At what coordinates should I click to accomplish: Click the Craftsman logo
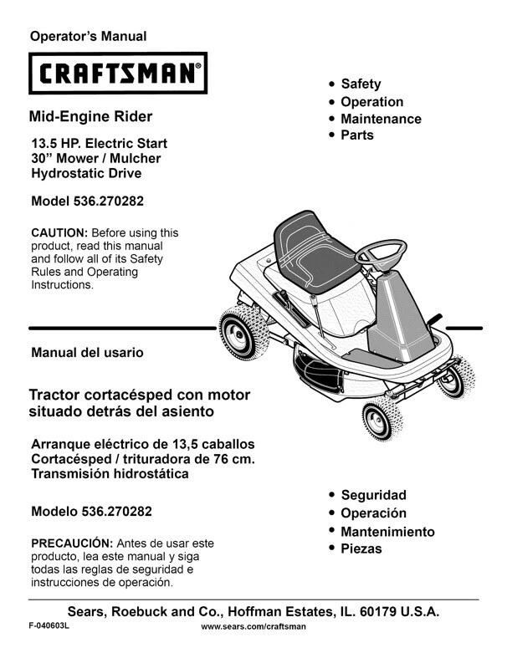tap(118, 75)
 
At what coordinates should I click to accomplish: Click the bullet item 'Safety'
tap(361, 84)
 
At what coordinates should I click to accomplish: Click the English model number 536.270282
tap(117, 201)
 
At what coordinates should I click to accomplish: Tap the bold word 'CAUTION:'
tap(59, 232)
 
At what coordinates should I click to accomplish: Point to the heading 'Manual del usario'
tap(87, 353)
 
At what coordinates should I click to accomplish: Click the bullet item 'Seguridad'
tap(373, 495)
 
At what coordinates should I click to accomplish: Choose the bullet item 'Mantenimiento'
tap(387, 532)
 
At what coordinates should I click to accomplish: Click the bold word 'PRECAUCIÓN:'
tap(71, 542)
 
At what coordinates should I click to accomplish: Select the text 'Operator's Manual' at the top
tap(88, 36)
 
